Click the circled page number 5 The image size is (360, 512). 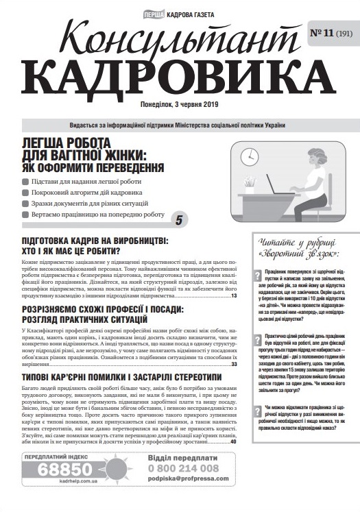click(180, 220)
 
